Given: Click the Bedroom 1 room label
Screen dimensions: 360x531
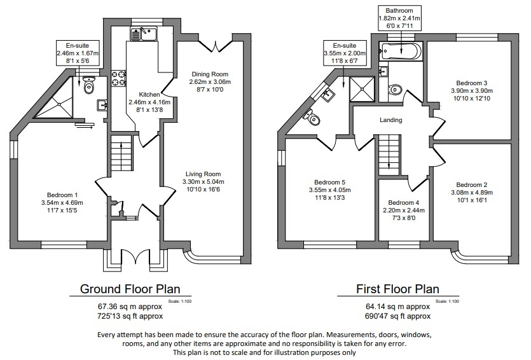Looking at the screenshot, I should coord(62,195).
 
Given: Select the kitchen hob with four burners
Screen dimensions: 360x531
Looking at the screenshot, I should coord(118,78).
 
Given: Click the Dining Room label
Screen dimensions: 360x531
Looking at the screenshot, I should coord(209,74).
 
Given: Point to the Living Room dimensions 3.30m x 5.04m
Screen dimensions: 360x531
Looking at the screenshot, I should coord(203,182).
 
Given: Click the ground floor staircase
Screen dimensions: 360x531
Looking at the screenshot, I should coord(120,153).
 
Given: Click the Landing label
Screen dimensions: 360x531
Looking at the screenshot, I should coord(390,120).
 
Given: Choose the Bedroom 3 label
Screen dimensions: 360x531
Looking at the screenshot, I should coord(471,83).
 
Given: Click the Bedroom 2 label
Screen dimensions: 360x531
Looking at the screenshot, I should coord(471,184).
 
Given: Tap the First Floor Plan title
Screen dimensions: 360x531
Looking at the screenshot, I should coord(397,289).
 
